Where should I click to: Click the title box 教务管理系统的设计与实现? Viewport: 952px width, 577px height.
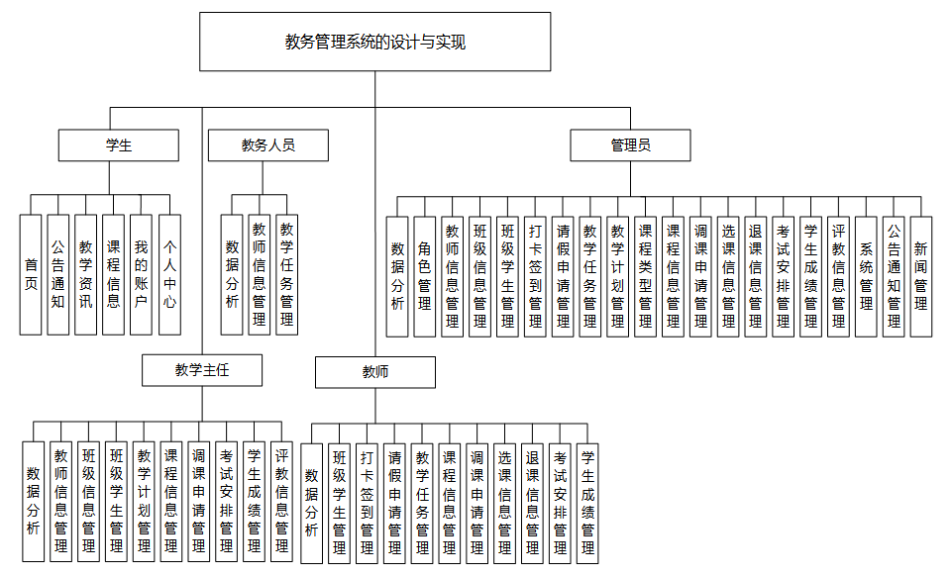(374, 42)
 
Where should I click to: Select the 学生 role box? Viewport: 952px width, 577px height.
(118, 145)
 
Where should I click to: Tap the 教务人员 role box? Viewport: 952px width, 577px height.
(267, 145)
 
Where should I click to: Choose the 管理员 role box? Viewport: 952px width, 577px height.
(630, 145)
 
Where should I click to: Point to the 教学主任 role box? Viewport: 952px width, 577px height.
(202, 370)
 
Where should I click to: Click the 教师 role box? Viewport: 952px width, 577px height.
(375, 372)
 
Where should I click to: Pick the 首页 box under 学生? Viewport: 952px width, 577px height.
(32, 274)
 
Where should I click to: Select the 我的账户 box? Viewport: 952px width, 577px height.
(142, 274)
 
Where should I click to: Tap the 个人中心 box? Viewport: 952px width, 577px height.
(169, 274)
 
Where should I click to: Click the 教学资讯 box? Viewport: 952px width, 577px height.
(86, 274)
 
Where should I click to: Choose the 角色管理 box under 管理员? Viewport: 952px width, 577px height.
(425, 276)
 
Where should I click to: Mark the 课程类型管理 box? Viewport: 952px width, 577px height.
(646, 276)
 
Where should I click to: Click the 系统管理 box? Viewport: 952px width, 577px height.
(866, 276)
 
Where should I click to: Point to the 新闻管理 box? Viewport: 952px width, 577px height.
(921, 276)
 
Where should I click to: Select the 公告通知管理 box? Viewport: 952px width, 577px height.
(894, 276)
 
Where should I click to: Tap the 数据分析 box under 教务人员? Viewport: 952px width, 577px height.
(232, 274)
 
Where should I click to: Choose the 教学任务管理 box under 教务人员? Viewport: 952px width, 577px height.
(287, 274)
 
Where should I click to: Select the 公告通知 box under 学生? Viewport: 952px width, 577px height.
(58, 274)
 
